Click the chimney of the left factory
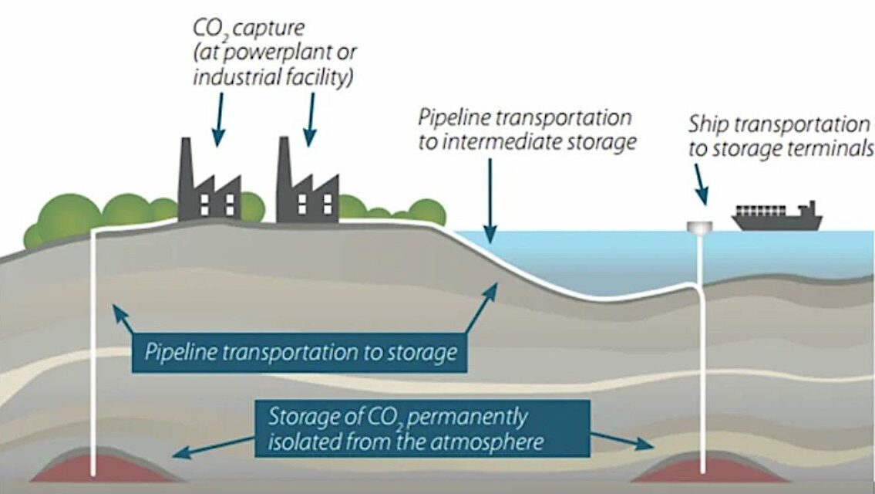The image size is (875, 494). (x=186, y=166)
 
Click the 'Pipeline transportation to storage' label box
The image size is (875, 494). (x=301, y=352)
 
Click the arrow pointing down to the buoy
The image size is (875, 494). (x=700, y=185)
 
